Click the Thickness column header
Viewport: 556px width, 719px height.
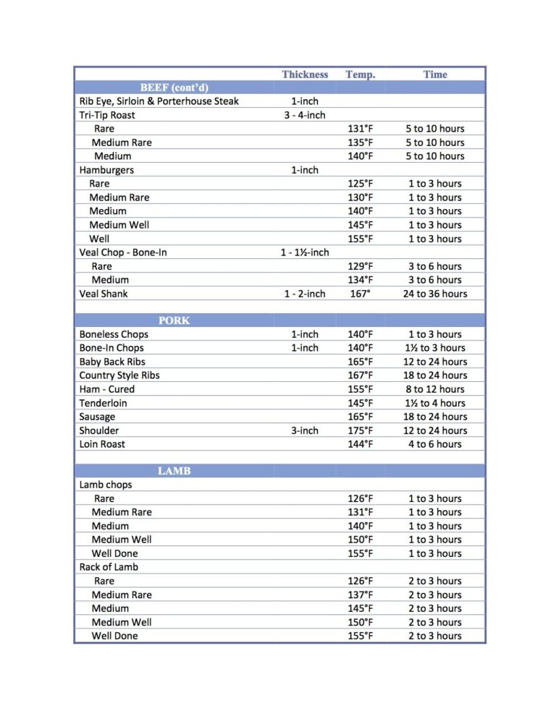(305, 75)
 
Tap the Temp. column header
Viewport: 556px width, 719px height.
(360, 75)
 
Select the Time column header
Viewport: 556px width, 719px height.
(435, 75)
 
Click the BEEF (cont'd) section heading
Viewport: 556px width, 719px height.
(174, 88)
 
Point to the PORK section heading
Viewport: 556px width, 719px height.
(174, 320)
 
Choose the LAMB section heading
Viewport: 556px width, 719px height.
(174, 471)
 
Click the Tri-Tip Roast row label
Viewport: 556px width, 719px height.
(107, 115)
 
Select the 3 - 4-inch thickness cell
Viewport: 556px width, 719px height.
(305, 115)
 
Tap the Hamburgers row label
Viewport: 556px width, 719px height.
(106, 170)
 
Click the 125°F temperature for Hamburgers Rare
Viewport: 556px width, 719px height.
(361, 184)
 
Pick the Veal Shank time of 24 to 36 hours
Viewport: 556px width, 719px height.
(435, 294)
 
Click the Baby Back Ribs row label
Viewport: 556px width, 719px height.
(111, 362)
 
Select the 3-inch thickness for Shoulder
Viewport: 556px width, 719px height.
(305, 430)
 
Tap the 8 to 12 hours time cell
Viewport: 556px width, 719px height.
(435, 389)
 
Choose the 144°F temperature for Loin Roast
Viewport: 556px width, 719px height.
(361, 444)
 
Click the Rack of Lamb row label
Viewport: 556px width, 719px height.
(109, 567)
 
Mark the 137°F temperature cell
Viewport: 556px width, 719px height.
(361, 595)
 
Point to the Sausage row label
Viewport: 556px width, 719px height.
(97, 417)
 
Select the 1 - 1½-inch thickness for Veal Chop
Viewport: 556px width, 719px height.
(305, 252)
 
